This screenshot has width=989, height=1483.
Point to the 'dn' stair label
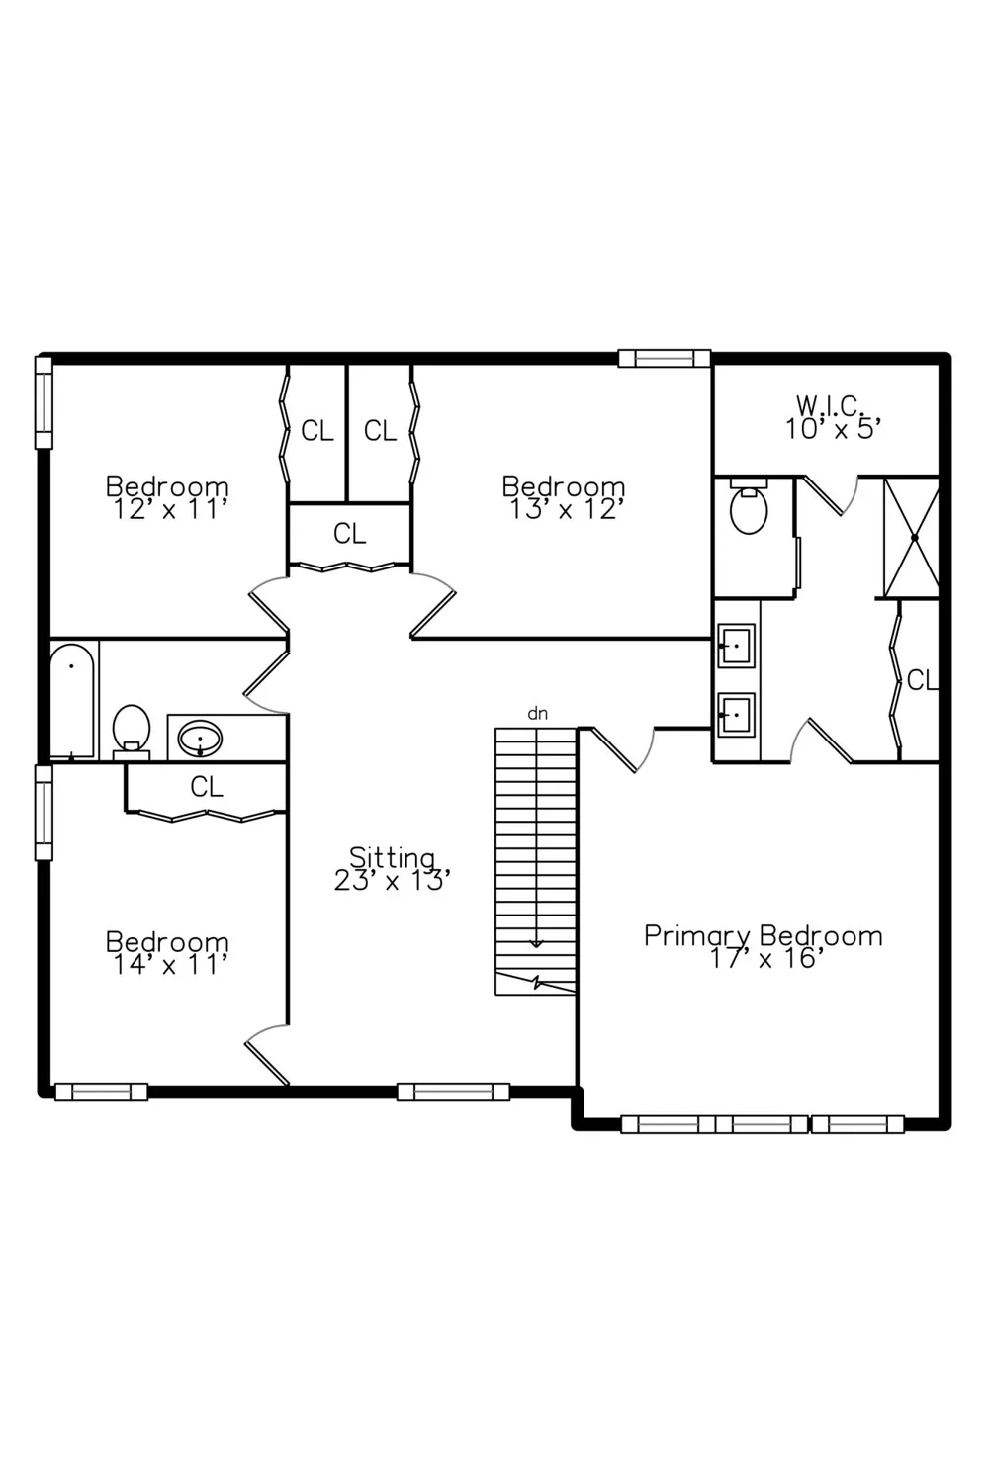tap(537, 714)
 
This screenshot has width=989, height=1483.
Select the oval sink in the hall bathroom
tap(200, 739)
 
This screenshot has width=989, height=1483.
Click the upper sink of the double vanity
tap(736, 646)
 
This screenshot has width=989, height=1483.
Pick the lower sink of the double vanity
tap(736, 715)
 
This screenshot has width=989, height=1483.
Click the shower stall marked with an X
tap(912, 538)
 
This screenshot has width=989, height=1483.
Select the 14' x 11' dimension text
tap(169, 965)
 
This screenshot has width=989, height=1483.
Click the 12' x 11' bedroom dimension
tap(169, 510)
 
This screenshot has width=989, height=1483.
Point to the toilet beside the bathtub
tap(132, 732)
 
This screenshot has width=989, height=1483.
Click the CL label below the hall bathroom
tap(207, 787)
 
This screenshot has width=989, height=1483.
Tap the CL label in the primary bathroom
tap(922, 680)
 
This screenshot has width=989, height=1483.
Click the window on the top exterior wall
tap(665, 358)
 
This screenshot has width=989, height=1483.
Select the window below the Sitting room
tap(453, 1091)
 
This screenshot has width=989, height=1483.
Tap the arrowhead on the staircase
tap(536, 944)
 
